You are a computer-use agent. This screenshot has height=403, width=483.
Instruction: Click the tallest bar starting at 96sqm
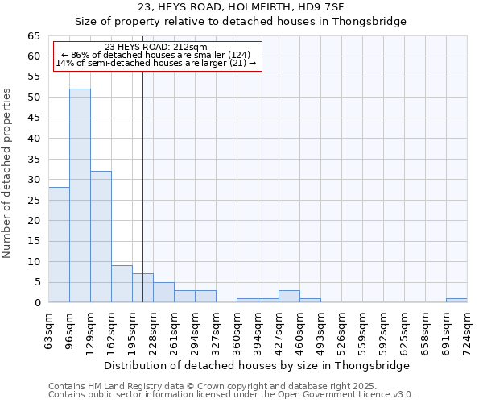point(80,196)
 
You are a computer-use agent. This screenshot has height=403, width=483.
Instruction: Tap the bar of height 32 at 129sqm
point(101,237)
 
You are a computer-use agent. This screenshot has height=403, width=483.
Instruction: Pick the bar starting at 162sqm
point(122,284)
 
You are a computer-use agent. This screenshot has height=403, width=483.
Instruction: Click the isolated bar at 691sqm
point(456,301)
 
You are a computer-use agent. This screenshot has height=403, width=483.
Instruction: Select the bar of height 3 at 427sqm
point(289,297)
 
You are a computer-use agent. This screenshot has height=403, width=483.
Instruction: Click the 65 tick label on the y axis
point(33,36)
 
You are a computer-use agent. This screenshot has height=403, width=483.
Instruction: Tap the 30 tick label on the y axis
point(33,180)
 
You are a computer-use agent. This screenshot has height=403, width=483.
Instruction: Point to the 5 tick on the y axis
point(36,282)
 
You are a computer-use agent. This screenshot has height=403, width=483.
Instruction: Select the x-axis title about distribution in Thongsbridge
point(258,365)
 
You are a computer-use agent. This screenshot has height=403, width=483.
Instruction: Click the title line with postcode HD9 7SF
point(240,7)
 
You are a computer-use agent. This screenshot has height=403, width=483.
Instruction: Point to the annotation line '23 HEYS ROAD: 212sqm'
point(156,47)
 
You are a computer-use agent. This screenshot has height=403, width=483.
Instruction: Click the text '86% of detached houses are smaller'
point(157,55)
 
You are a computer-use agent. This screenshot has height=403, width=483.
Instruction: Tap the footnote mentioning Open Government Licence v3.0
point(230,395)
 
